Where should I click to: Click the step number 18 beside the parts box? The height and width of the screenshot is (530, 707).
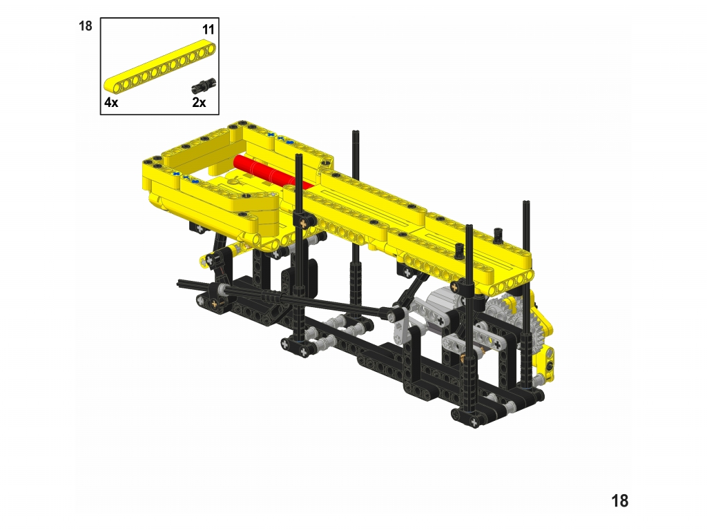click(85, 26)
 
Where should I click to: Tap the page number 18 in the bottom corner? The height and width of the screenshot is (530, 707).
click(619, 501)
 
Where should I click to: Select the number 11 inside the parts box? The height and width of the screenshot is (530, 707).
click(208, 30)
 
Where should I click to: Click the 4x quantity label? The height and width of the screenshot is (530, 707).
click(111, 102)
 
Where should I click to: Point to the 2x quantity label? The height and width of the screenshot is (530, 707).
click(199, 102)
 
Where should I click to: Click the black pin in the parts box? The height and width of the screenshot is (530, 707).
click(204, 86)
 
